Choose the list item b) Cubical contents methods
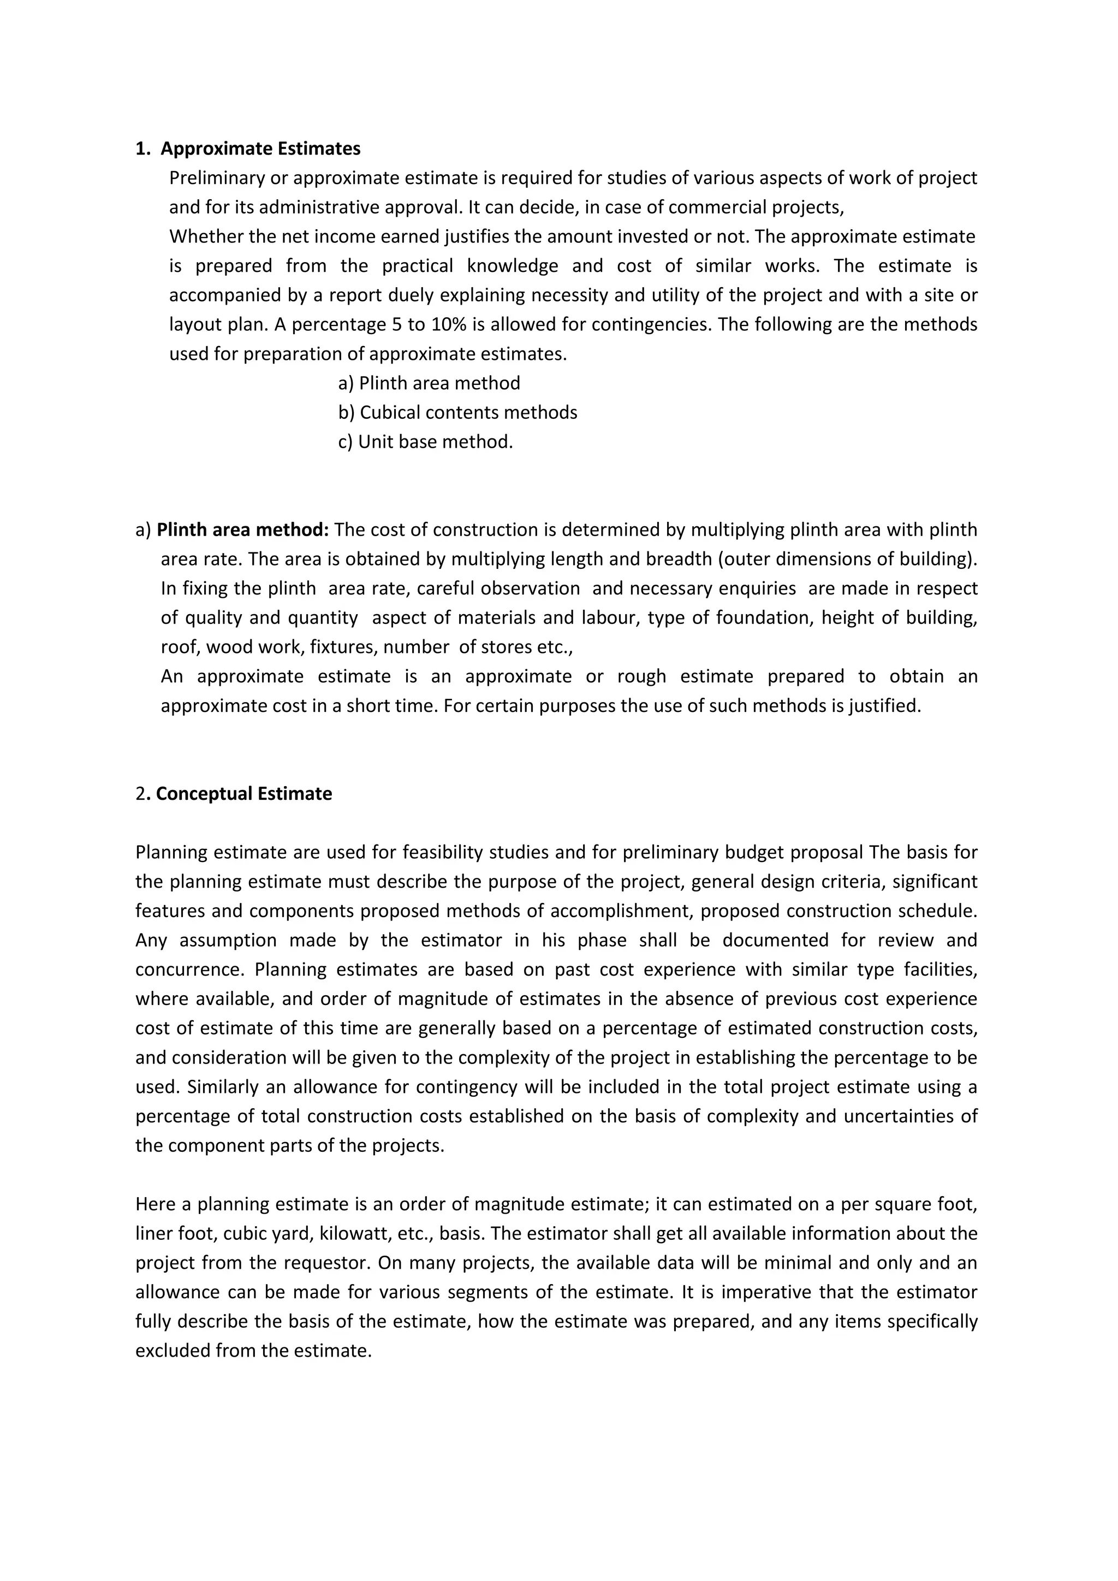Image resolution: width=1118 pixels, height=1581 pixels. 458,413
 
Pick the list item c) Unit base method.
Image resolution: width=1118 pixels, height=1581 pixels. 425,442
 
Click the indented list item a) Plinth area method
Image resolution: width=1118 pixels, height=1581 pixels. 429,383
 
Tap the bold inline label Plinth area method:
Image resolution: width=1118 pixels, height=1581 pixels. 243,530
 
